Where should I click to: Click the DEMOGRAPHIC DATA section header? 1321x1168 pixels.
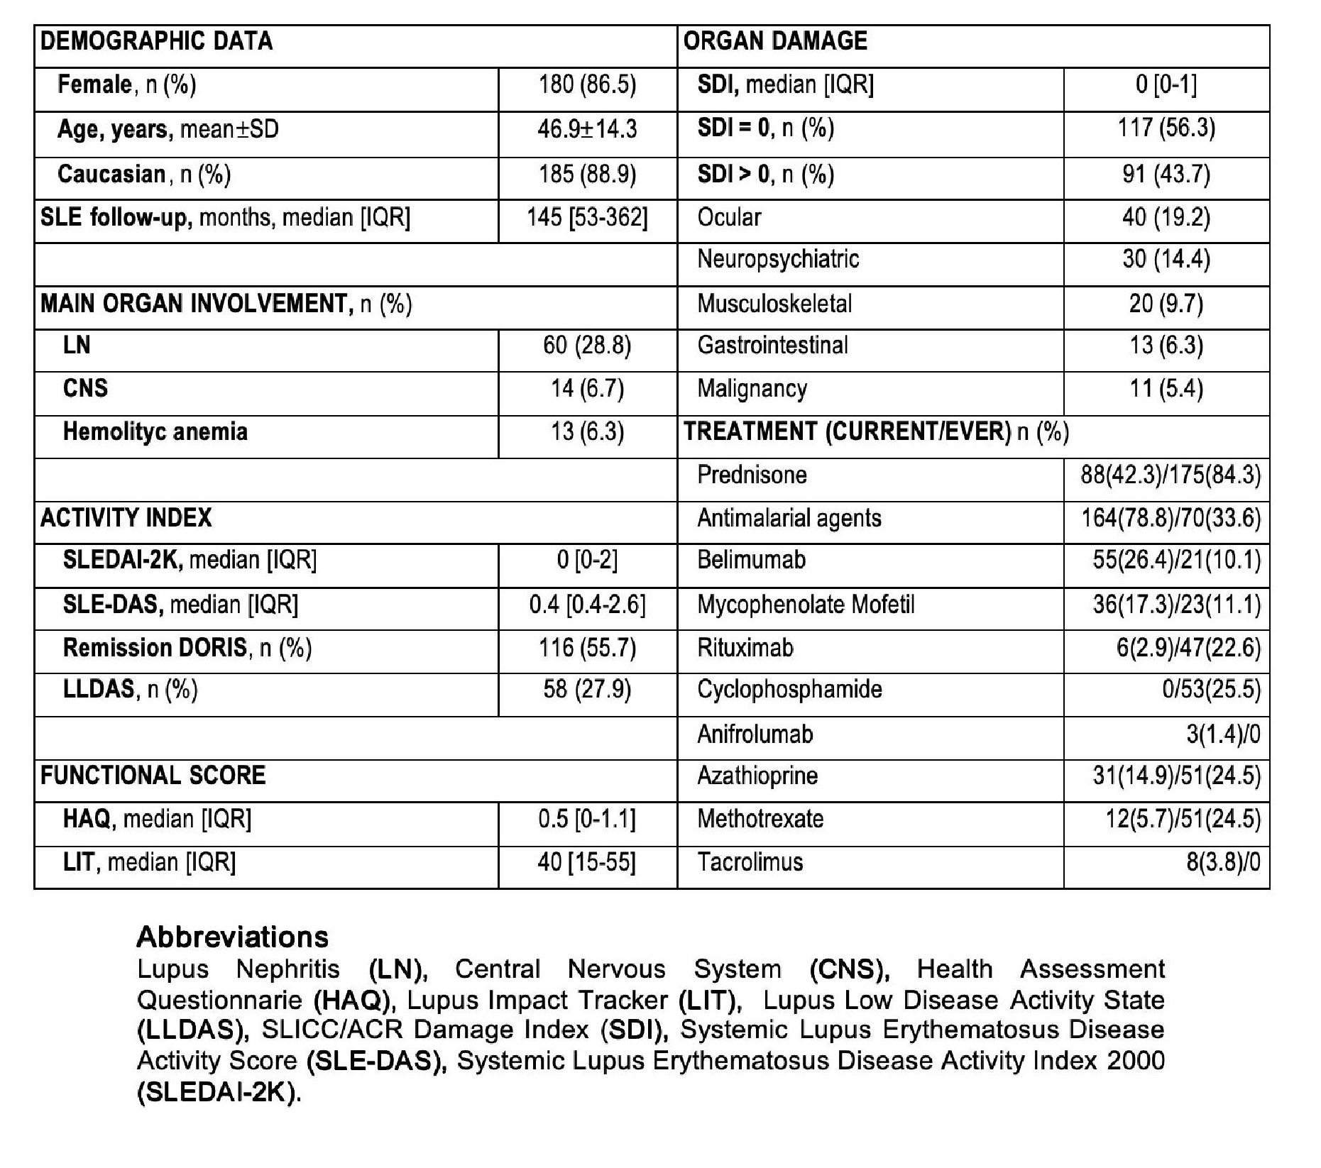click(156, 41)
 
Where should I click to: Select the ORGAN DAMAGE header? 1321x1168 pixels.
click(775, 41)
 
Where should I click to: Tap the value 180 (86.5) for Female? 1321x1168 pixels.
click(587, 85)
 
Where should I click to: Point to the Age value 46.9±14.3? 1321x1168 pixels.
click(587, 129)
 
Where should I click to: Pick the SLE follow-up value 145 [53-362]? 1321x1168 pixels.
click(587, 218)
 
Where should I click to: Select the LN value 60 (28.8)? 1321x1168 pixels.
click(587, 346)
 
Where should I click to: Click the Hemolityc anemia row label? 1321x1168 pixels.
click(155, 431)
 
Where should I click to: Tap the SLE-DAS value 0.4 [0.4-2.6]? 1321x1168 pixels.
click(587, 605)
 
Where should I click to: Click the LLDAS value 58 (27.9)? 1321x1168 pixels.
click(587, 690)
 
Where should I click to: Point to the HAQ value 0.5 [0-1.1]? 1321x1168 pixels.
click(587, 820)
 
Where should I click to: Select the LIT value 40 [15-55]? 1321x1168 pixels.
click(587, 863)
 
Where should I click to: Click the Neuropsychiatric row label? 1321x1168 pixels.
click(778, 260)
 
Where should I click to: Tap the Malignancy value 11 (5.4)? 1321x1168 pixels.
click(1166, 389)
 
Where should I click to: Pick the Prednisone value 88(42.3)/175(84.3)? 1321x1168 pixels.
click(1171, 475)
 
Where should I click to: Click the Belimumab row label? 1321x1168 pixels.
click(752, 561)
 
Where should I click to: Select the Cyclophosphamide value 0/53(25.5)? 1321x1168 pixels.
click(1211, 690)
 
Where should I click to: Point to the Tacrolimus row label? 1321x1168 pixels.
click(750, 863)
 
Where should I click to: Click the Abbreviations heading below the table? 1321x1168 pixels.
click(233, 937)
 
